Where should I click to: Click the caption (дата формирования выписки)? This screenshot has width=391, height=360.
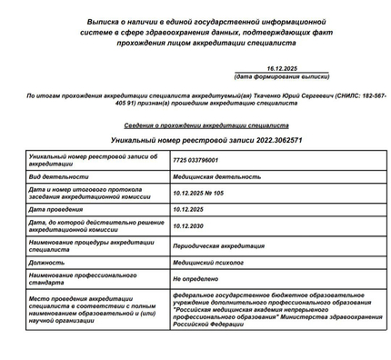tap(284, 77)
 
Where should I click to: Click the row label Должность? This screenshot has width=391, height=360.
tap(47, 261)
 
